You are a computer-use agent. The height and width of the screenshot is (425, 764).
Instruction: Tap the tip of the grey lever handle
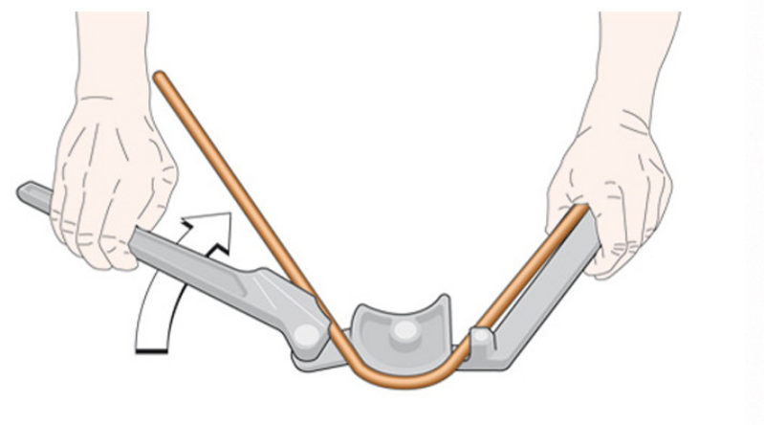25,190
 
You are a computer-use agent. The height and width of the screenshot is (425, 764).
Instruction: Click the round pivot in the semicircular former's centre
406,331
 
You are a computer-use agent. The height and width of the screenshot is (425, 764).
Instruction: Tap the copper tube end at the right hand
580,210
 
